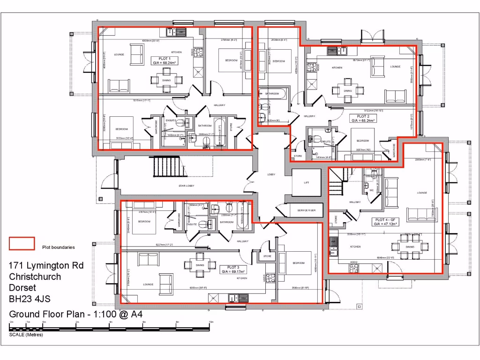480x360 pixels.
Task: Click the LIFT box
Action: pyautogui.click(x=306, y=183)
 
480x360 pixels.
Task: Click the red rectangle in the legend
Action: pyautogui.click(x=22, y=243)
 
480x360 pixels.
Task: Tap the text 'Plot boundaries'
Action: pyautogui.click(x=58, y=247)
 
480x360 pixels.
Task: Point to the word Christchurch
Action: pyautogui.click(x=35, y=277)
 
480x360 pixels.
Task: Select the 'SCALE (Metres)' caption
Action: pyautogui.click(x=25, y=335)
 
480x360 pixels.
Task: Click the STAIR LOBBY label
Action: pyautogui.click(x=187, y=186)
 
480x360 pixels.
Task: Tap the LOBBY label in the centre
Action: pyautogui.click(x=271, y=174)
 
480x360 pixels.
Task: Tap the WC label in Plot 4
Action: pyautogui.click(x=371, y=190)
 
